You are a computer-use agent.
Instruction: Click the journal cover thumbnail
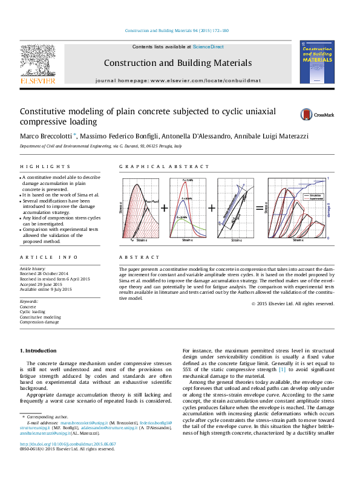pos(317,63)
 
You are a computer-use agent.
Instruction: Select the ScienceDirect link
pos(208,47)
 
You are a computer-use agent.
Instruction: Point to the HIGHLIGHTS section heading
pos(37,166)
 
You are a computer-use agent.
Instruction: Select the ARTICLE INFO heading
pos(41,257)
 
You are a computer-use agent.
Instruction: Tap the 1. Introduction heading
pos(39,351)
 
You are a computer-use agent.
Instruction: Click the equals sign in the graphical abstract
pos(260,207)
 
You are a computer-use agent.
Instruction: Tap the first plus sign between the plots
pos(164,207)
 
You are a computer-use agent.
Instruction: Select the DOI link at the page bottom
pos(59,461)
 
